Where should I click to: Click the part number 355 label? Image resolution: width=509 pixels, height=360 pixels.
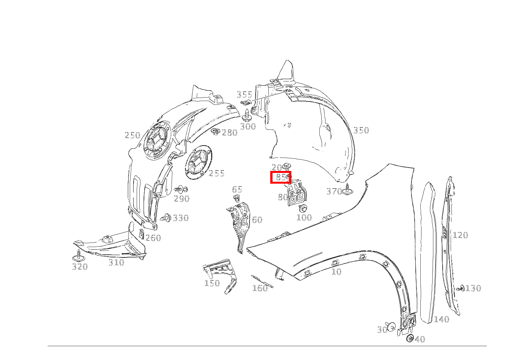pos(244,95)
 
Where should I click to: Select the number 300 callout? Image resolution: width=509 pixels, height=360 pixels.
pos(248,126)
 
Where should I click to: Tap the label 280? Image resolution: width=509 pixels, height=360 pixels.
pos(230,133)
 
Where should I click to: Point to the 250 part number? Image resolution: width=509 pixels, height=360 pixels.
pos(132,135)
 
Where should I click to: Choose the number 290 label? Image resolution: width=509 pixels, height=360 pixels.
pos(182,199)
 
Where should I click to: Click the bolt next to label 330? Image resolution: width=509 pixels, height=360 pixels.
pos(167,217)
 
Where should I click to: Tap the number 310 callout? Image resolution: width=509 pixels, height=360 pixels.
pos(116,262)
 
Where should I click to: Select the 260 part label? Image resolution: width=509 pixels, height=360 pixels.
pos(153,238)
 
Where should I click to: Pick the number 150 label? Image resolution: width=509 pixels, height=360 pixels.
pos(212,283)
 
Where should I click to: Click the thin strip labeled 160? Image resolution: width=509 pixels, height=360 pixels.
pos(262,281)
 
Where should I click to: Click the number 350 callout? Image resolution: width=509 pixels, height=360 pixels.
pos(361,130)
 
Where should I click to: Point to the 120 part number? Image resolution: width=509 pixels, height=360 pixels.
pos(460,235)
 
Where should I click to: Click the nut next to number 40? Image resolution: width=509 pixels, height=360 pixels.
pos(410,338)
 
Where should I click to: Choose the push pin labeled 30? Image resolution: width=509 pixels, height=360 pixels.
pos(391,327)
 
